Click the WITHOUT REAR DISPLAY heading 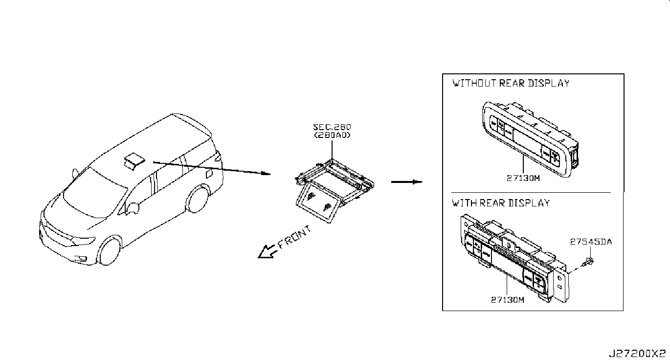(x=511, y=83)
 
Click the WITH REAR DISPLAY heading (x=501, y=202)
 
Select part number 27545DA (x=591, y=242)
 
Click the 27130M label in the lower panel (x=507, y=300)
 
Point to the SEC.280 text (x=332, y=127)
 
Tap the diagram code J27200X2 (x=637, y=353)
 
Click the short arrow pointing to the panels (x=406, y=182)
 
